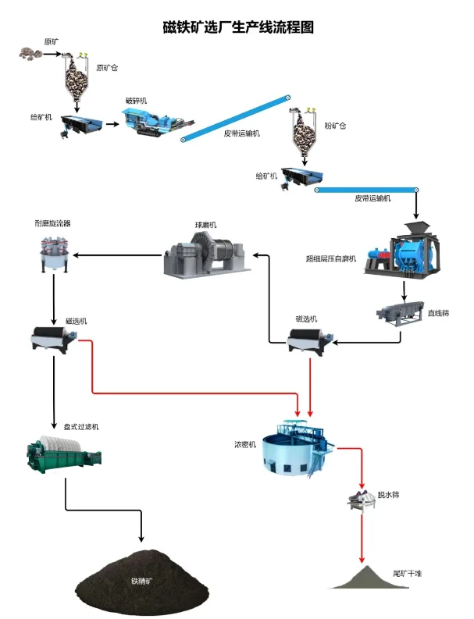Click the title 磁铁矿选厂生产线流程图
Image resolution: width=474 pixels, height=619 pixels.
click(237, 27)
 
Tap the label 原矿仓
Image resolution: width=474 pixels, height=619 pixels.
click(107, 67)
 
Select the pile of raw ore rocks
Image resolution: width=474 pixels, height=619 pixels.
click(35, 54)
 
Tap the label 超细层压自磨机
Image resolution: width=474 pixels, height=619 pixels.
click(330, 258)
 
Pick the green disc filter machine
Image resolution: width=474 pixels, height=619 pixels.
click(55, 454)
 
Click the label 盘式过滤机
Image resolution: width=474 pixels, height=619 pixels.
click(80, 427)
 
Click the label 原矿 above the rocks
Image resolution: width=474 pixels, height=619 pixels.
click(52, 41)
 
